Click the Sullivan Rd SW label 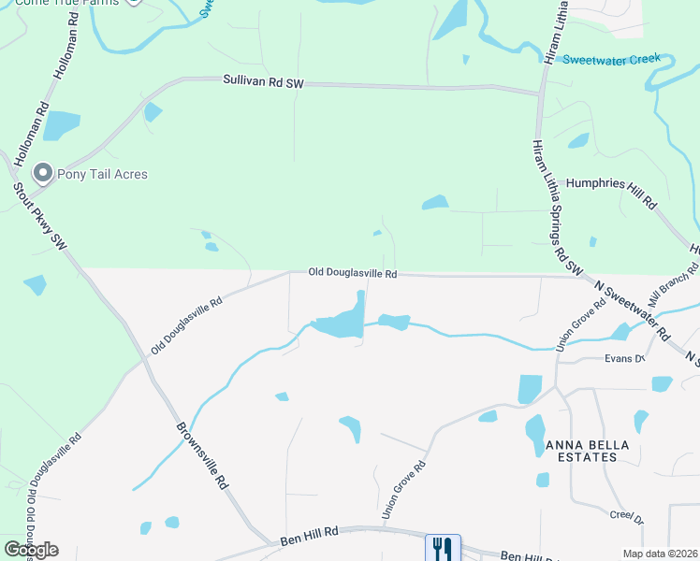[264, 83]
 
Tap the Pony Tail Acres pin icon [42, 173]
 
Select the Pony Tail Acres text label [103, 174]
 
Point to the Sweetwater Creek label [611, 59]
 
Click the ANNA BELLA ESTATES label [581, 451]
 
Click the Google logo [31, 550]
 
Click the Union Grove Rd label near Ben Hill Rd [403, 491]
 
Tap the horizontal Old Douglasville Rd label [354, 274]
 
